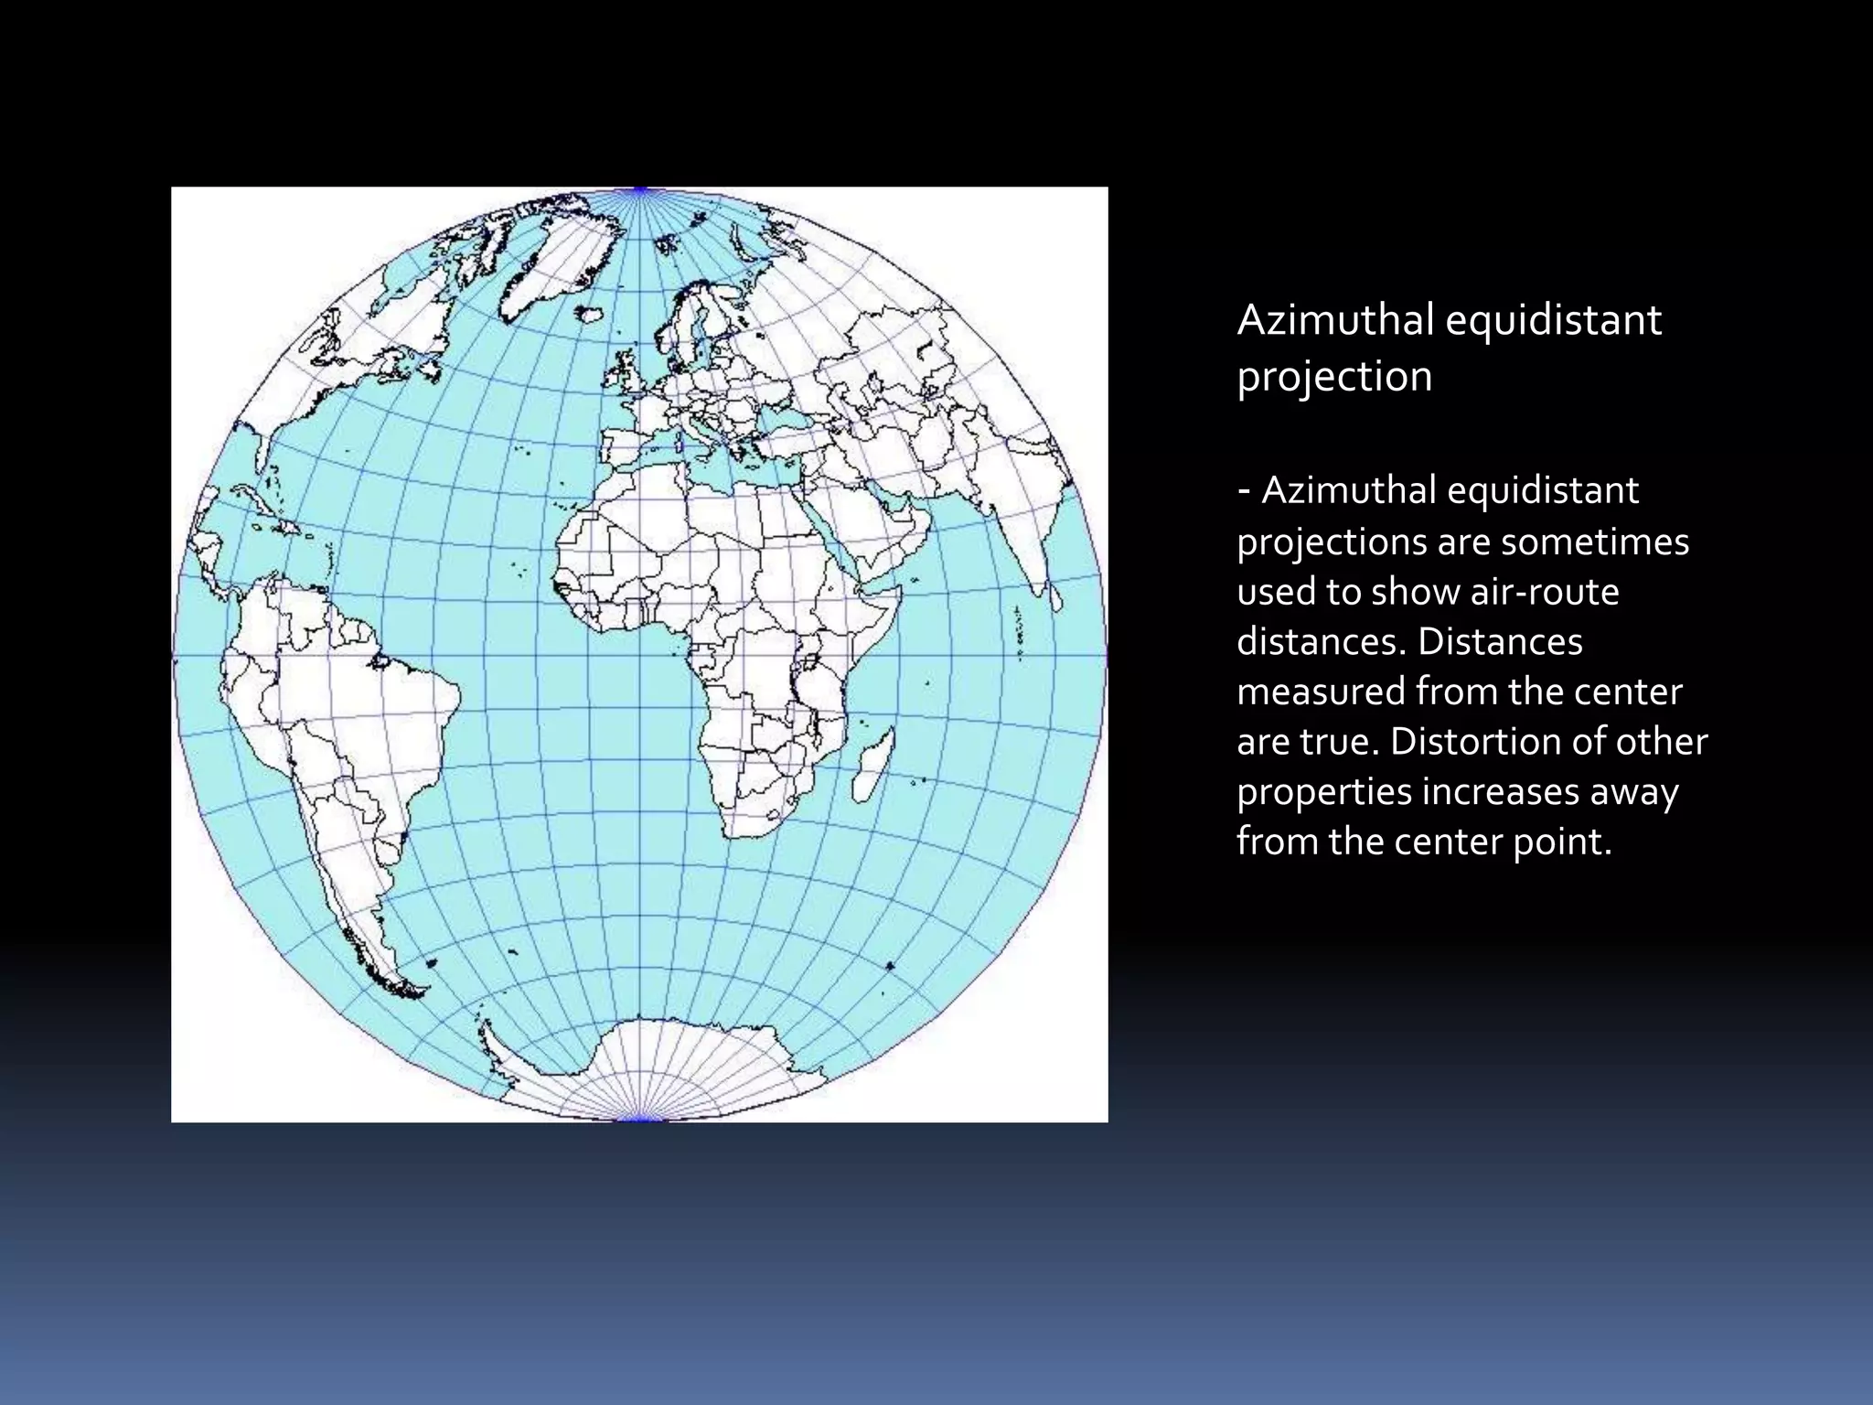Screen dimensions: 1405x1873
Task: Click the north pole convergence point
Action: pos(640,190)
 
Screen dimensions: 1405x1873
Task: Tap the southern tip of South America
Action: pos(412,992)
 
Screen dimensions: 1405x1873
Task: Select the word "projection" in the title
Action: pos(1334,377)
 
